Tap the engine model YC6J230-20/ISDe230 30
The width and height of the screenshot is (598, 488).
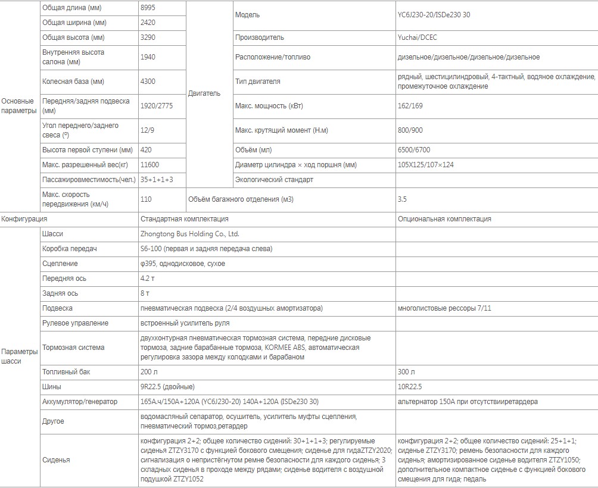pyautogui.click(x=434, y=15)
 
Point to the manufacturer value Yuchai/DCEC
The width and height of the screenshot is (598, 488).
pyautogui.click(x=418, y=37)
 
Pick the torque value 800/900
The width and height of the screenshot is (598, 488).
pyautogui.click(x=410, y=130)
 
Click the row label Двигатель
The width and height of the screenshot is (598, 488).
pyautogui.click(x=204, y=93)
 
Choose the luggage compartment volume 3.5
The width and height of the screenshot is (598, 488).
pyautogui.click(x=402, y=199)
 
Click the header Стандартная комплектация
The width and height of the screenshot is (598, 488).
pyautogui.click(x=185, y=219)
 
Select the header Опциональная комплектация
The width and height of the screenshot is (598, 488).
pyautogui.click(x=444, y=219)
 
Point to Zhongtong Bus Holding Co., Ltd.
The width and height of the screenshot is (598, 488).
pyautogui.click(x=189, y=234)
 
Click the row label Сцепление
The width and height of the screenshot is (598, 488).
pyautogui.click(x=60, y=264)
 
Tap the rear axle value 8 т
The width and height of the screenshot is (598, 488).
pyautogui.click(x=145, y=293)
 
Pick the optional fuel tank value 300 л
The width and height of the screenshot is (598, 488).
pyautogui.click(x=407, y=372)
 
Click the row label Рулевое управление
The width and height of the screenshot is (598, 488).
pyautogui.click(x=75, y=323)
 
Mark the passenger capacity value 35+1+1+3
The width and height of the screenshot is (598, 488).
pyautogui.click(x=157, y=179)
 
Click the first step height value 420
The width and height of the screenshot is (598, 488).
pyautogui.click(x=147, y=150)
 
